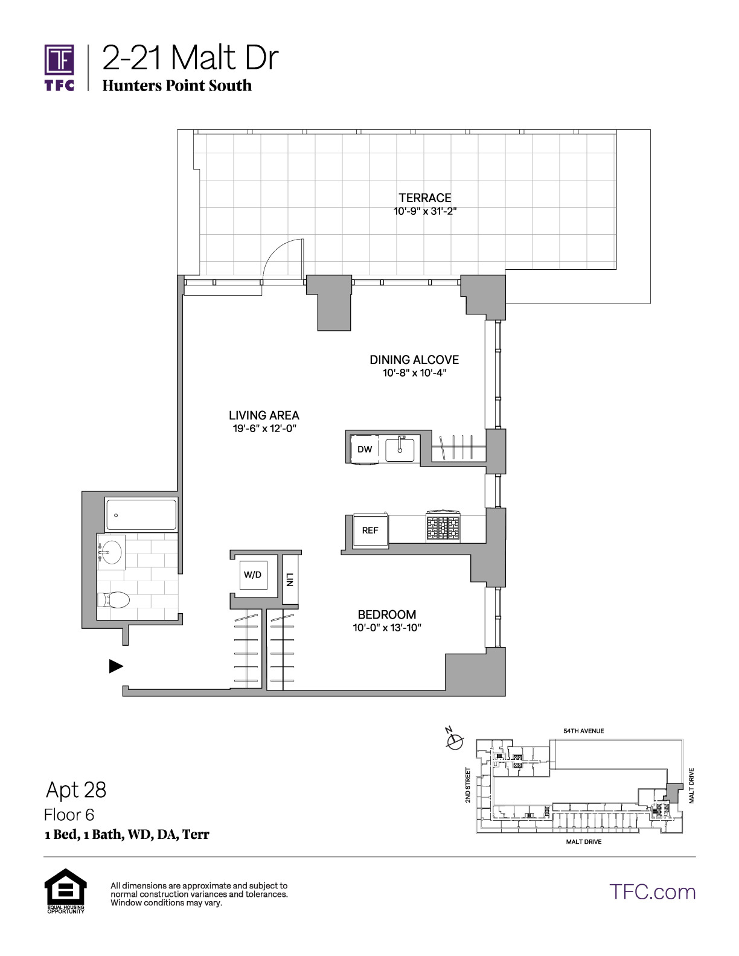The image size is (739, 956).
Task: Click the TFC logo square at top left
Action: point(59,59)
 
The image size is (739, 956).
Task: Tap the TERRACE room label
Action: point(424,198)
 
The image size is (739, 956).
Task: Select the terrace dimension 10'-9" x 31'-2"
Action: point(424,211)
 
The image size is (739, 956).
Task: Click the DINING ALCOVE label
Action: point(414,360)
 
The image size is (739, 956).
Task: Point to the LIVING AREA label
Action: point(264,415)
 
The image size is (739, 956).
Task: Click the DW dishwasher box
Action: point(365,449)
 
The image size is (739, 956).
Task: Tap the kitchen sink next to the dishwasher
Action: point(400,449)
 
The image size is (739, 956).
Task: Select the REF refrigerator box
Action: point(370,530)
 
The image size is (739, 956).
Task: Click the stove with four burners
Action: point(443,526)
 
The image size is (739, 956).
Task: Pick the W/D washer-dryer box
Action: point(252,575)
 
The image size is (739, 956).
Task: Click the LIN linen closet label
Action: point(289,580)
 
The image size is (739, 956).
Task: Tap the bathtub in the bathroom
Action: point(141,515)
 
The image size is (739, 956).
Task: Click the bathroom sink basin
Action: point(111,552)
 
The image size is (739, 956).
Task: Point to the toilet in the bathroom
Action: point(113,600)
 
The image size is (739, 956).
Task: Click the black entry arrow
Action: point(116,666)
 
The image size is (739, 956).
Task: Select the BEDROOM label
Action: point(387,614)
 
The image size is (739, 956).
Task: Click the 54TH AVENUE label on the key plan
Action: point(584,731)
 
